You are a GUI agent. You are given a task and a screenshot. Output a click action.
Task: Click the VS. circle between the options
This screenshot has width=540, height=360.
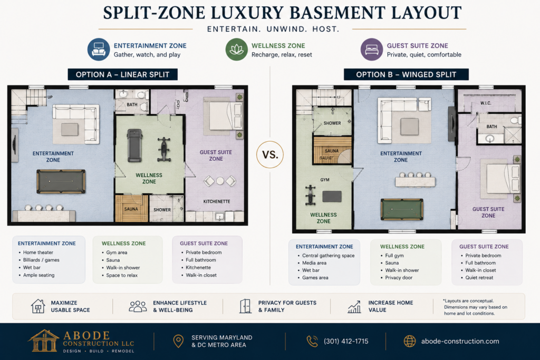pos(270,154)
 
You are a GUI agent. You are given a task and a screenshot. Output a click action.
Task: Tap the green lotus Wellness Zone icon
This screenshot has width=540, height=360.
pos(237,50)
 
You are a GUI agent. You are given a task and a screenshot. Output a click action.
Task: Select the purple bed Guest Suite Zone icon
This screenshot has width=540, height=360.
pos(372,50)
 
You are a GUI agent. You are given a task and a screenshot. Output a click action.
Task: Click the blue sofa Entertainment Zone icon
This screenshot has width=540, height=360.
pos(99,50)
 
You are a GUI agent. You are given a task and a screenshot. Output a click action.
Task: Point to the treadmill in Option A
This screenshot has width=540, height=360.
pos(134,145)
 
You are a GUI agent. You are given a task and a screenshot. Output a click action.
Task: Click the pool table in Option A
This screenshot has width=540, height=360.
pos(61,181)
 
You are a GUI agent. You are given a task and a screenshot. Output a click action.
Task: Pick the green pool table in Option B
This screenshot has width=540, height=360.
pos(402,209)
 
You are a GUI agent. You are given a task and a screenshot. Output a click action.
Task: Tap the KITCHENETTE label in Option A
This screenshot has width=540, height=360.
pos(217,201)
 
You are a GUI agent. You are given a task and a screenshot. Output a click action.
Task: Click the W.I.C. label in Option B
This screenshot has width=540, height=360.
pos(486,103)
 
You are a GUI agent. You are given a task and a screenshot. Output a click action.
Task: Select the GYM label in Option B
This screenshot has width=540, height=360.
pos(325,180)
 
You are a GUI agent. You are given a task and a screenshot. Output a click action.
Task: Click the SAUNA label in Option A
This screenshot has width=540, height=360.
pos(131,209)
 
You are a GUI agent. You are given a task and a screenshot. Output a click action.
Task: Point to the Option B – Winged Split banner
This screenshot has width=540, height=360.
pos(406,74)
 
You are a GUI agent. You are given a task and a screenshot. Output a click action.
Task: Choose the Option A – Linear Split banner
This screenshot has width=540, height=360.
pos(122,74)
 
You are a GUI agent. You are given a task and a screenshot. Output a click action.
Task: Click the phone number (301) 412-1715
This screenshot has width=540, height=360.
pos(346,341)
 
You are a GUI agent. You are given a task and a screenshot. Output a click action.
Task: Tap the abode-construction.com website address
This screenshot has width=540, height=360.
pos(460,341)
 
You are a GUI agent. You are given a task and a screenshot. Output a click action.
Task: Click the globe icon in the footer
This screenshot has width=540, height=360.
pos(409,341)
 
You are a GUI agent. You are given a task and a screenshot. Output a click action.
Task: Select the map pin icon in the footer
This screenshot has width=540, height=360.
pos(178,341)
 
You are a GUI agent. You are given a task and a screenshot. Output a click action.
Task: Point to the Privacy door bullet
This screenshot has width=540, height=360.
pos(399,277)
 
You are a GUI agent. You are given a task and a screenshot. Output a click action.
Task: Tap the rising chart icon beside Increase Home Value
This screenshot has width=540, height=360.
pos(354,306)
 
